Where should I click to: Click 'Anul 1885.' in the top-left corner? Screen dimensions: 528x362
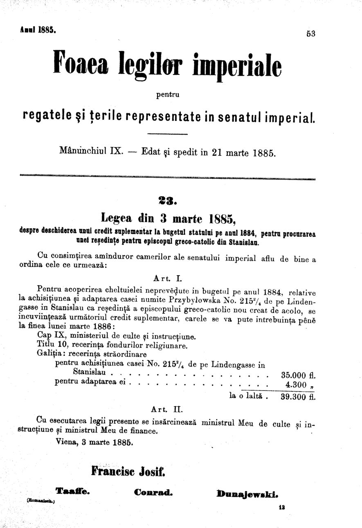(38, 30)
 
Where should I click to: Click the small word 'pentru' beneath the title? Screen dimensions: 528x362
(168, 96)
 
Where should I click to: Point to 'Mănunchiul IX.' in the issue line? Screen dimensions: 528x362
(91, 150)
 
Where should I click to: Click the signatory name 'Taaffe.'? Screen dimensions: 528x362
(72, 492)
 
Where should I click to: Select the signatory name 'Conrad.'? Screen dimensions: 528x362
(153, 492)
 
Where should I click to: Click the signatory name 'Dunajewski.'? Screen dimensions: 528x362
(248, 493)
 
